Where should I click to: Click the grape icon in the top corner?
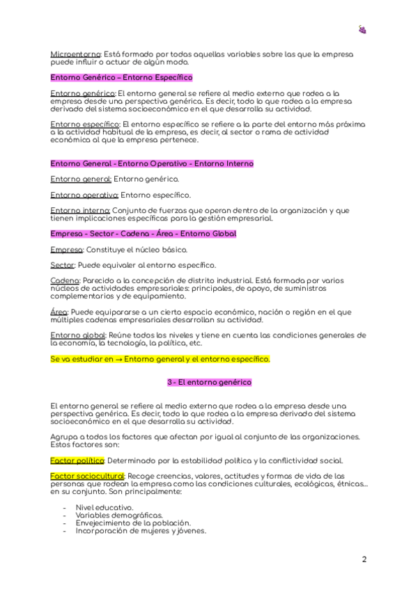click(362, 29)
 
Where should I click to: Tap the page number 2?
click(364, 559)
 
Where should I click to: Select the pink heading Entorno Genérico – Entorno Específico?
click(122, 77)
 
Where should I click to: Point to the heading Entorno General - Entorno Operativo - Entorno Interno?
click(152, 164)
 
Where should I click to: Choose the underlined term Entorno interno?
click(80, 210)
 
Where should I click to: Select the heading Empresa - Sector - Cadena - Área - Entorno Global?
click(143, 234)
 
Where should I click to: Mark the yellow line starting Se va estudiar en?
click(160, 359)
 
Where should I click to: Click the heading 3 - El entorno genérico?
click(209, 383)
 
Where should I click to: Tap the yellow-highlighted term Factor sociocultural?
click(87, 476)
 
